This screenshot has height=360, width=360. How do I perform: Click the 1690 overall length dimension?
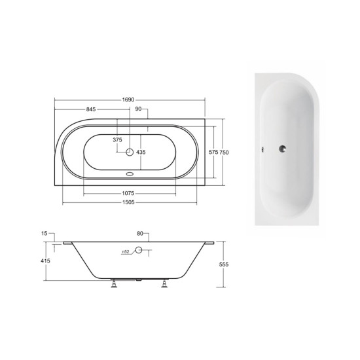click(128, 100)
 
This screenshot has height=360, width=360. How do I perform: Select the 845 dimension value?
click(91, 109)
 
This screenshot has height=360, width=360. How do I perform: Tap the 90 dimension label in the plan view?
click(138, 109)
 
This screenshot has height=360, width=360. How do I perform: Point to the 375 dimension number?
click(117, 139)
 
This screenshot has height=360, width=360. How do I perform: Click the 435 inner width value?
click(141, 152)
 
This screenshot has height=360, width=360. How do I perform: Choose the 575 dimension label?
click(213, 152)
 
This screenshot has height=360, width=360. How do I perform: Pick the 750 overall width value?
click(224, 153)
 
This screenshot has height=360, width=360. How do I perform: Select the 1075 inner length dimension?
click(128, 193)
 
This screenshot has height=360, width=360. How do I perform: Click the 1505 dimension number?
click(128, 202)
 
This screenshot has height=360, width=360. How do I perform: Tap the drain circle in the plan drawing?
click(130, 152)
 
